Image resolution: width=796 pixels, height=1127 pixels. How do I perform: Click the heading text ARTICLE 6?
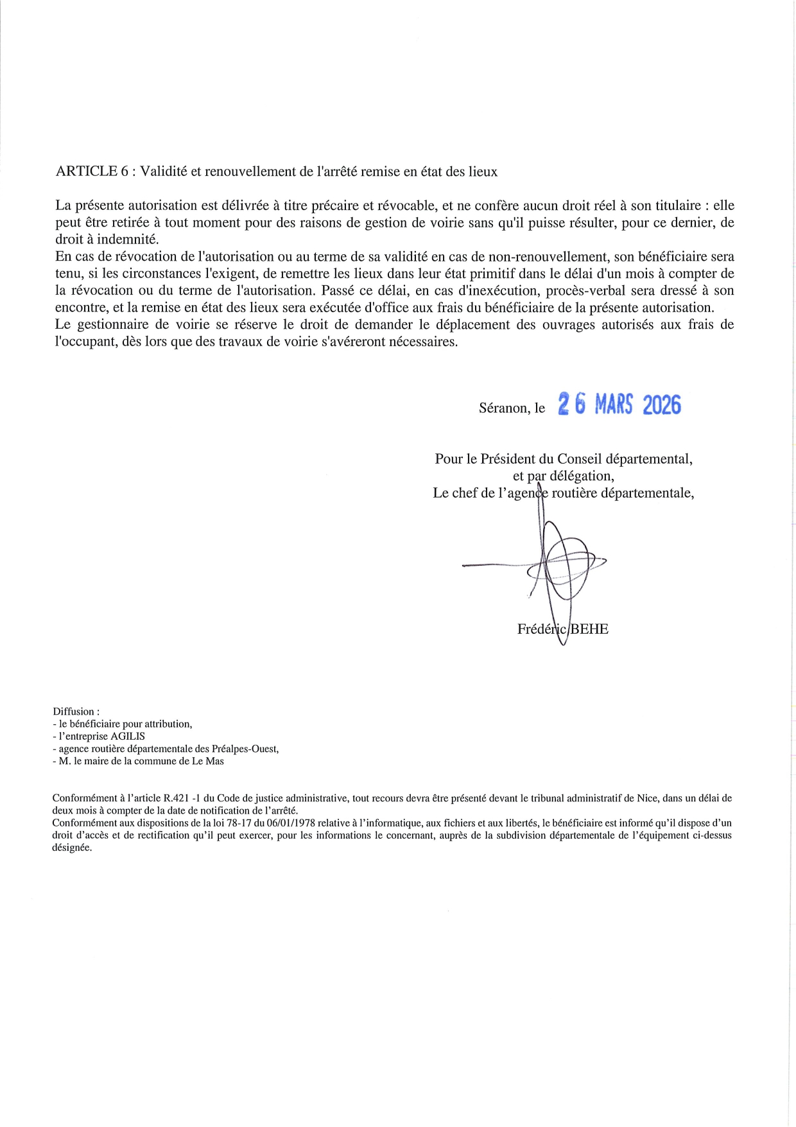(x=87, y=171)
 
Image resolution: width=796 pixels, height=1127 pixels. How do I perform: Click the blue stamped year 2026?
(x=661, y=405)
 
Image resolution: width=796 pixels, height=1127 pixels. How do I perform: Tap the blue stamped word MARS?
(x=613, y=405)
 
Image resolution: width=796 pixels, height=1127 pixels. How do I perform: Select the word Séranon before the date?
(x=505, y=408)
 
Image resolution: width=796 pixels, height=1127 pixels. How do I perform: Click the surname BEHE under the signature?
(x=589, y=629)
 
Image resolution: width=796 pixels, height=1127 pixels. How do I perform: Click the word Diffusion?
(x=74, y=712)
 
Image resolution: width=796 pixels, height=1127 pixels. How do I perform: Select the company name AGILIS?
(x=128, y=737)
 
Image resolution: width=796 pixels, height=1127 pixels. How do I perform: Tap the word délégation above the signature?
(x=582, y=476)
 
